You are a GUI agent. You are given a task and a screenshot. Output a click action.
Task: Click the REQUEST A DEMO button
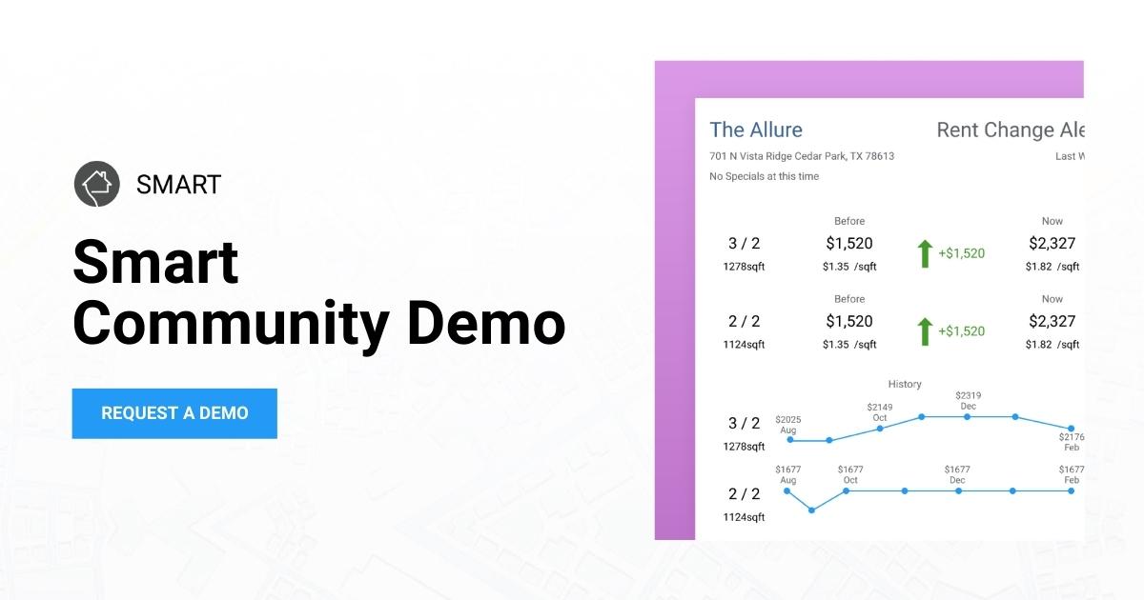(174, 413)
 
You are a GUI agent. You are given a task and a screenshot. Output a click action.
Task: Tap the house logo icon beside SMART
(96, 183)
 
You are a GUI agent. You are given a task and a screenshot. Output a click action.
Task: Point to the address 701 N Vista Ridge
(801, 156)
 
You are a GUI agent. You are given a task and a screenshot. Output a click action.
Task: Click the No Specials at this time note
(764, 176)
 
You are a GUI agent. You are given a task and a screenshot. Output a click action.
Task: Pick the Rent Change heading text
(1010, 130)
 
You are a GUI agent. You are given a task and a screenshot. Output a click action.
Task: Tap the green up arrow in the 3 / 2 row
(924, 253)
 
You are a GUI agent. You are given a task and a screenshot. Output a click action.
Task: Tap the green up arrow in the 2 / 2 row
(924, 331)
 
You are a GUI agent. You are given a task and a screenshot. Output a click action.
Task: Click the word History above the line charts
(905, 384)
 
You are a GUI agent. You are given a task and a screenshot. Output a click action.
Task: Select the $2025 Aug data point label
(787, 424)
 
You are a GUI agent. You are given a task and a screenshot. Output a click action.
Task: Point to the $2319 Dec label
(968, 400)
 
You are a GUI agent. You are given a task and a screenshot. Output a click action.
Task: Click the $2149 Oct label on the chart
(879, 412)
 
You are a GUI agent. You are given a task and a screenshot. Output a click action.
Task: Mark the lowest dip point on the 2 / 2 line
(811, 510)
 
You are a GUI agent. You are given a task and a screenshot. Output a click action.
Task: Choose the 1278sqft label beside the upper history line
(744, 447)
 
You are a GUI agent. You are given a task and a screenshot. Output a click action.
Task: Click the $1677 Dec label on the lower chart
(957, 474)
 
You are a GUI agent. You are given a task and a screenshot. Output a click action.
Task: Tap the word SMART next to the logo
(178, 184)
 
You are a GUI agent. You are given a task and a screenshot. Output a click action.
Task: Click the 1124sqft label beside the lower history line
(744, 517)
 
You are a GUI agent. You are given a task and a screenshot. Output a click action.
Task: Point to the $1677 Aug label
(786, 474)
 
